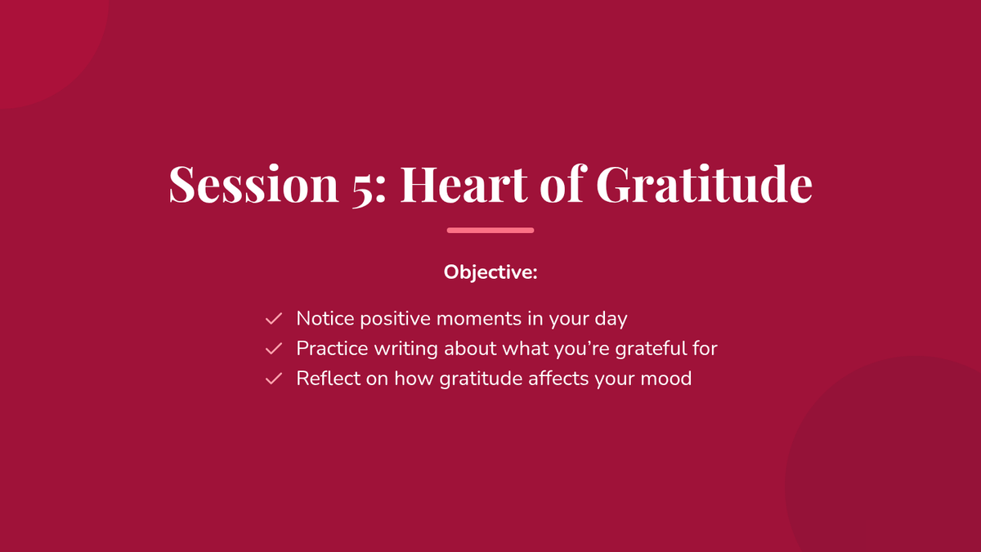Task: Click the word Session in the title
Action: [253, 183]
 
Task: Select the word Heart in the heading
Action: [464, 183]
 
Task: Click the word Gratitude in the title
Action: [704, 183]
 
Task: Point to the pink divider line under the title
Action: [490, 231]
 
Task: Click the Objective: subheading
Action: [490, 272]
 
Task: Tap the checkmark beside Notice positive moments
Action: [274, 318]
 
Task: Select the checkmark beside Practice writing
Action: [274, 348]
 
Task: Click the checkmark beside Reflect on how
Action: [274, 379]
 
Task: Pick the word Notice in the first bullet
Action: [325, 318]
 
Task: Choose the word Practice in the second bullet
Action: [333, 348]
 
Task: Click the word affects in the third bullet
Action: [558, 379]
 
